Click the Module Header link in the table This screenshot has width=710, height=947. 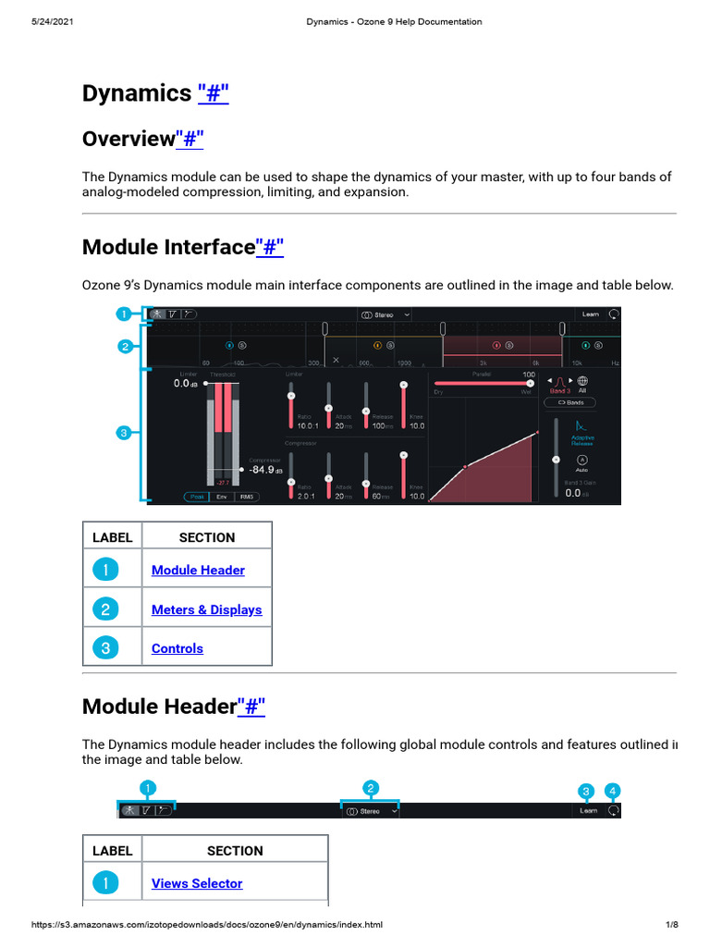(x=198, y=571)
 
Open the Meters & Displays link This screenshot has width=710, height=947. (x=206, y=609)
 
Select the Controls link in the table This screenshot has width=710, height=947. (x=177, y=648)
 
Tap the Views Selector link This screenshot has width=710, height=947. (x=197, y=883)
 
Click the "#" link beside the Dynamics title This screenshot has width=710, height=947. (x=213, y=93)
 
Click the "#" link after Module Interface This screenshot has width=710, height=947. (x=269, y=247)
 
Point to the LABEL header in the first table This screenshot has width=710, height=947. (x=113, y=537)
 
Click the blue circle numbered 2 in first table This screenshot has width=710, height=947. (x=106, y=609)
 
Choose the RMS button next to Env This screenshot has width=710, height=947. (x=247, y=497)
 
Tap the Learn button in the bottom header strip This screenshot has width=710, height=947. (x=588, y=810)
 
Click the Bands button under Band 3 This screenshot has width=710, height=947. (x=569, y=402)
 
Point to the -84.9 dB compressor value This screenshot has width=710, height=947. (x=266, y=469)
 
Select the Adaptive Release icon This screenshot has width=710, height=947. (x=581, y=427)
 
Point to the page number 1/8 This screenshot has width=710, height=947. (x=671, y=925)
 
